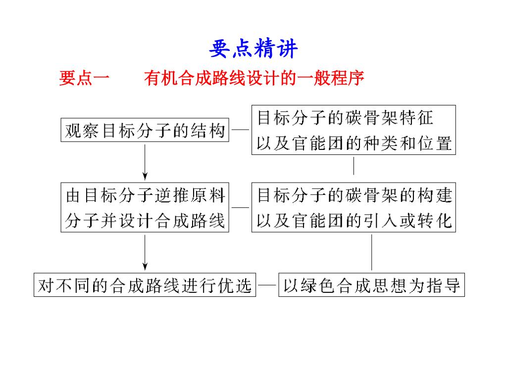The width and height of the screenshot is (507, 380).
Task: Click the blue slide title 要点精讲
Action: tap(253, 49)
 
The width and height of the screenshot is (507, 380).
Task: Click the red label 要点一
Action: tap(84, 78)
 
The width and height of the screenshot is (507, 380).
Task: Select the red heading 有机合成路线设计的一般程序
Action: tap(254, 78)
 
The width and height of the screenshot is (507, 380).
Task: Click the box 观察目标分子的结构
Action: tap(145, 130)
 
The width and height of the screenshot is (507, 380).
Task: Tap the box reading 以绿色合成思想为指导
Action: tap(372, 285)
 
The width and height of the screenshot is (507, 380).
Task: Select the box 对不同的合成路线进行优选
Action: tap(145, 285)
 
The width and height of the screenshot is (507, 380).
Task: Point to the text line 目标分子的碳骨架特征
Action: tap(345, 118)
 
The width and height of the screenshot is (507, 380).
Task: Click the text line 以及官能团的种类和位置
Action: tap(354, 143)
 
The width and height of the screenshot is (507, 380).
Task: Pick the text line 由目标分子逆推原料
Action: tap(146, 195)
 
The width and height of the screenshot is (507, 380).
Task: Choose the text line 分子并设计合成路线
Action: tap(146, 220)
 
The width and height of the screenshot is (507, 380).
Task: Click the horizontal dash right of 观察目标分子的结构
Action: tap(241, 131)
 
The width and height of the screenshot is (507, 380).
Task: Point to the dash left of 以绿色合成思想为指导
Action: tap(267, 285)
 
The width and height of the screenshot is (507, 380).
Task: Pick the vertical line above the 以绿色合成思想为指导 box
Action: tap(372, 252)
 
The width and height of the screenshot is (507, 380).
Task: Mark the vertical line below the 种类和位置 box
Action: tap(354, 166)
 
